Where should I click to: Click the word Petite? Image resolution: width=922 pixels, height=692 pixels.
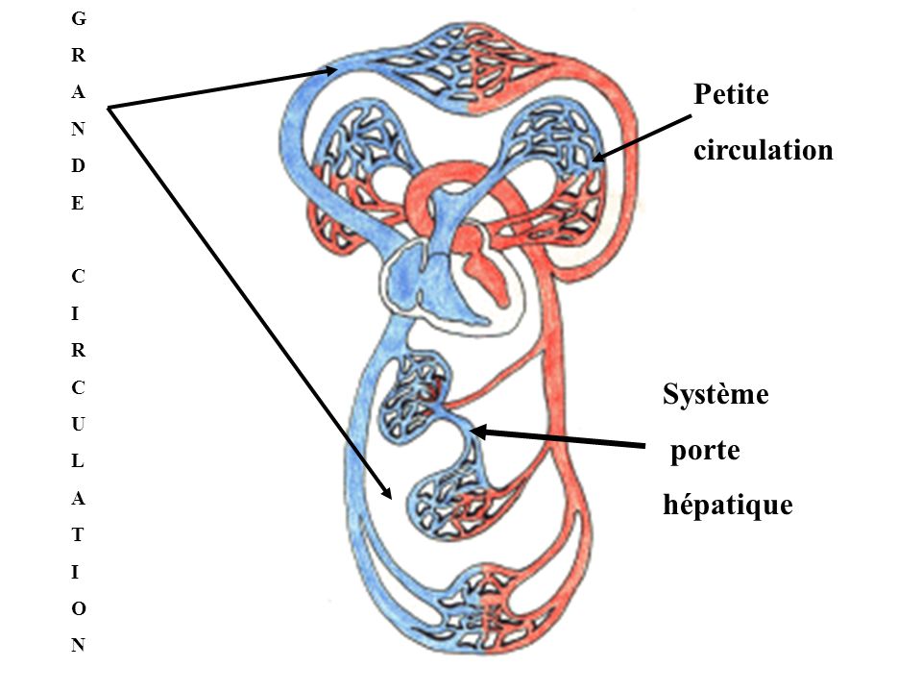coord(736,94)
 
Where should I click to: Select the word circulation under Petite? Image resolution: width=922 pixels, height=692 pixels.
coord(764,151)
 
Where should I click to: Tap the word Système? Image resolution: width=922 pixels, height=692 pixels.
coord(716,395)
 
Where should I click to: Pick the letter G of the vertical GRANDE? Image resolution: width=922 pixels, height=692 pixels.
coord(78,18)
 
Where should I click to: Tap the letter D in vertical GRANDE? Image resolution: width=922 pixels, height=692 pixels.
coord(78,166)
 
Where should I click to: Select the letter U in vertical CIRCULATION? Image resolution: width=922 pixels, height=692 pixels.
coord(78,424)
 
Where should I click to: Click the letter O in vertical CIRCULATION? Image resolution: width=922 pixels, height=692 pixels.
coord(78,608)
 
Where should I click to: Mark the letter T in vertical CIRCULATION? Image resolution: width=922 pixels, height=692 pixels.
coord(78,533)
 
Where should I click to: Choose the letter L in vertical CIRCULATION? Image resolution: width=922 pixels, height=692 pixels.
coord(78,460)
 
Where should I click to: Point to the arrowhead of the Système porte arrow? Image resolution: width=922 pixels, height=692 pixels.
coord(478,432)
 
